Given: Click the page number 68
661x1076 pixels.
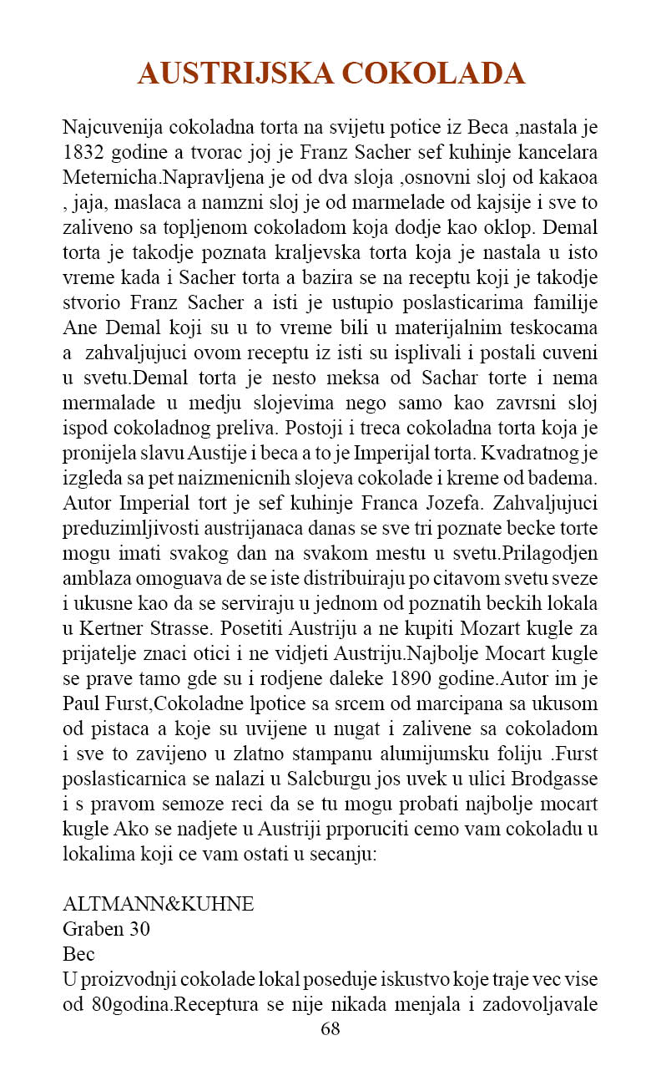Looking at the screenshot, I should tap(330, 1028).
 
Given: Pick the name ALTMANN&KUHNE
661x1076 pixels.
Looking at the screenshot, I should tap(159, 904).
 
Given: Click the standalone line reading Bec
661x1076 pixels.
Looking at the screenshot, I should tap(78, 953).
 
